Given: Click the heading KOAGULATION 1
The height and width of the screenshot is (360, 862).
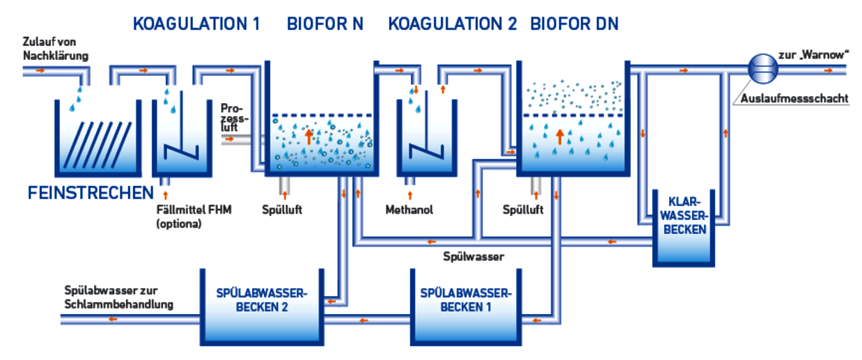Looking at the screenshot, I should tap(196, 24).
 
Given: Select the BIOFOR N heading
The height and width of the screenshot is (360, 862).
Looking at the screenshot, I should tap(325, 24).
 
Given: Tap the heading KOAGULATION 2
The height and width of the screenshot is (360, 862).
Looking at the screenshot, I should tap(452, 24).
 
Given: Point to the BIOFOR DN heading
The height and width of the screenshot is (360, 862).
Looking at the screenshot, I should tap(574, 24).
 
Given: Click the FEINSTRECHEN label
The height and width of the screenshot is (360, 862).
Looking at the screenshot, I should tap(90, 193).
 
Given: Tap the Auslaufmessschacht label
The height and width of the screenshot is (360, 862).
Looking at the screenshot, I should tap(794, 98).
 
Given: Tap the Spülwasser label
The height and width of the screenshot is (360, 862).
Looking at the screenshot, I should tap(473, 256).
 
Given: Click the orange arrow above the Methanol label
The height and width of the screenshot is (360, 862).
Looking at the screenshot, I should tap(409, 194).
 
